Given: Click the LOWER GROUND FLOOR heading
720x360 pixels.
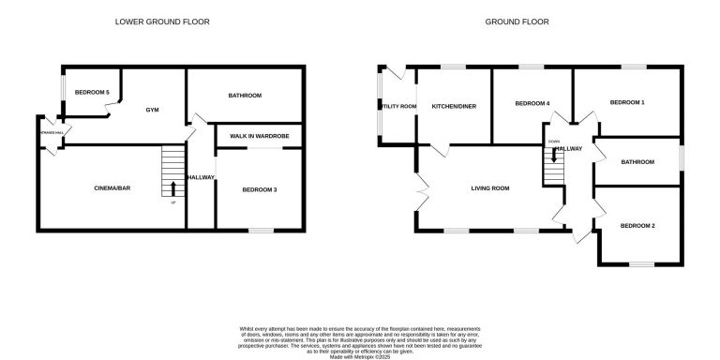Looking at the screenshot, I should click(x=162, y=21).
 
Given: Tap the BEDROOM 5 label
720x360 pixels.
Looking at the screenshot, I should click(x=93, y=92).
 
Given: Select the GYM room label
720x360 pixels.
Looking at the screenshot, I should click(x=152, y=110).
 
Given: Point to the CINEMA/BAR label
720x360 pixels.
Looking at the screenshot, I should click(x=111, y=188).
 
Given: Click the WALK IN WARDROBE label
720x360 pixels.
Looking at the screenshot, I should click(x=259, y=137).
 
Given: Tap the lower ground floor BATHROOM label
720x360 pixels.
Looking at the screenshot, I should click(x=245, y=96).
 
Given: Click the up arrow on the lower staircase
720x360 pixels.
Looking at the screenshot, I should click(x=172, y=188).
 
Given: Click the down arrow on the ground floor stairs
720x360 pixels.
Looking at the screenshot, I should click(x=554, y=156).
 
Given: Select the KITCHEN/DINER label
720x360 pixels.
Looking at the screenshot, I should click(x=454, y=106).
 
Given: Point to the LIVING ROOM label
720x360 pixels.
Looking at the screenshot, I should click(x=489, y=188).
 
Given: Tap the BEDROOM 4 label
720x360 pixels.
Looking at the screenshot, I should click(x=532, y=103).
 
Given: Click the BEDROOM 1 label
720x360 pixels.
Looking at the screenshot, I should click(x=627, y=101).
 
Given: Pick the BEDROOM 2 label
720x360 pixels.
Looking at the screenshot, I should click(x=637, y=226).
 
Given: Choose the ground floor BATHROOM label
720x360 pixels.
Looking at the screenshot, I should click(x=637, y=162).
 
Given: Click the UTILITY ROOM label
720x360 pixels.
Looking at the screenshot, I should click(x=397, y=106).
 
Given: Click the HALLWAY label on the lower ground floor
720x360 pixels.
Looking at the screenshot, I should click(x=201, y=177).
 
